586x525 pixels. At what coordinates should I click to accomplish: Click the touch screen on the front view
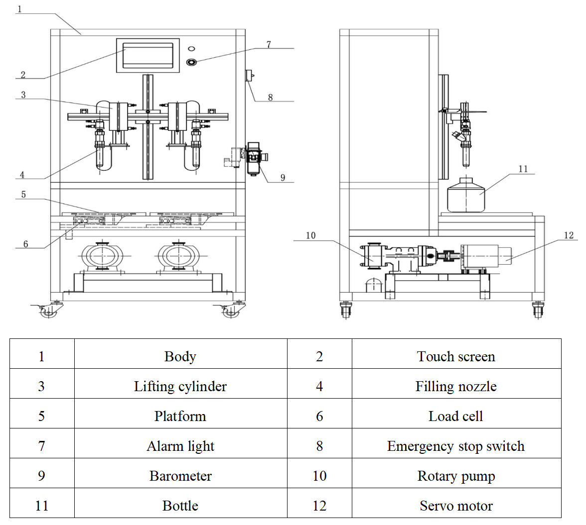tap(148, 55)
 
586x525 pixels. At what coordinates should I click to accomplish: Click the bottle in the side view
tap(466, 197)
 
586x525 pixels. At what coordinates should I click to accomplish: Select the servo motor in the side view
tap(486, 258)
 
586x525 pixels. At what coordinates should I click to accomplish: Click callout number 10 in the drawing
tap(310, 235)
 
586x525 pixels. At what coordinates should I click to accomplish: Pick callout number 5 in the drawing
tap(23, 195)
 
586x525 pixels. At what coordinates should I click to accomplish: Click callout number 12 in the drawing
tap(569, 235)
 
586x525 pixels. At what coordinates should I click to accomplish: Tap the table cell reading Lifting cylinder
tap(180, 387)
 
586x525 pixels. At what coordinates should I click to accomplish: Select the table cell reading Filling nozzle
tap(456, 387)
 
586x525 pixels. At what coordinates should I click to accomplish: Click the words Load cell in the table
tap(456, 417)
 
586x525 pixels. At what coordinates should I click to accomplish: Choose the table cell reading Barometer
tap(180, 476)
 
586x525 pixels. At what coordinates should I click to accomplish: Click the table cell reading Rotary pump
tap(456, 476)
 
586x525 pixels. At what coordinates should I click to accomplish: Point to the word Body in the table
tap(180, 357)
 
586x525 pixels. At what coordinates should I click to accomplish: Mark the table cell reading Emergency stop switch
tap(456, 446)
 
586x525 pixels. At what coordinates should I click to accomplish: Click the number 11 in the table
tap(42, 506)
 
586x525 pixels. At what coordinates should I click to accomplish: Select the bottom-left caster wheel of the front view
tap(47, 312)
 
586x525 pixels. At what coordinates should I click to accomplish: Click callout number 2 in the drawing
tap(23, 75)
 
